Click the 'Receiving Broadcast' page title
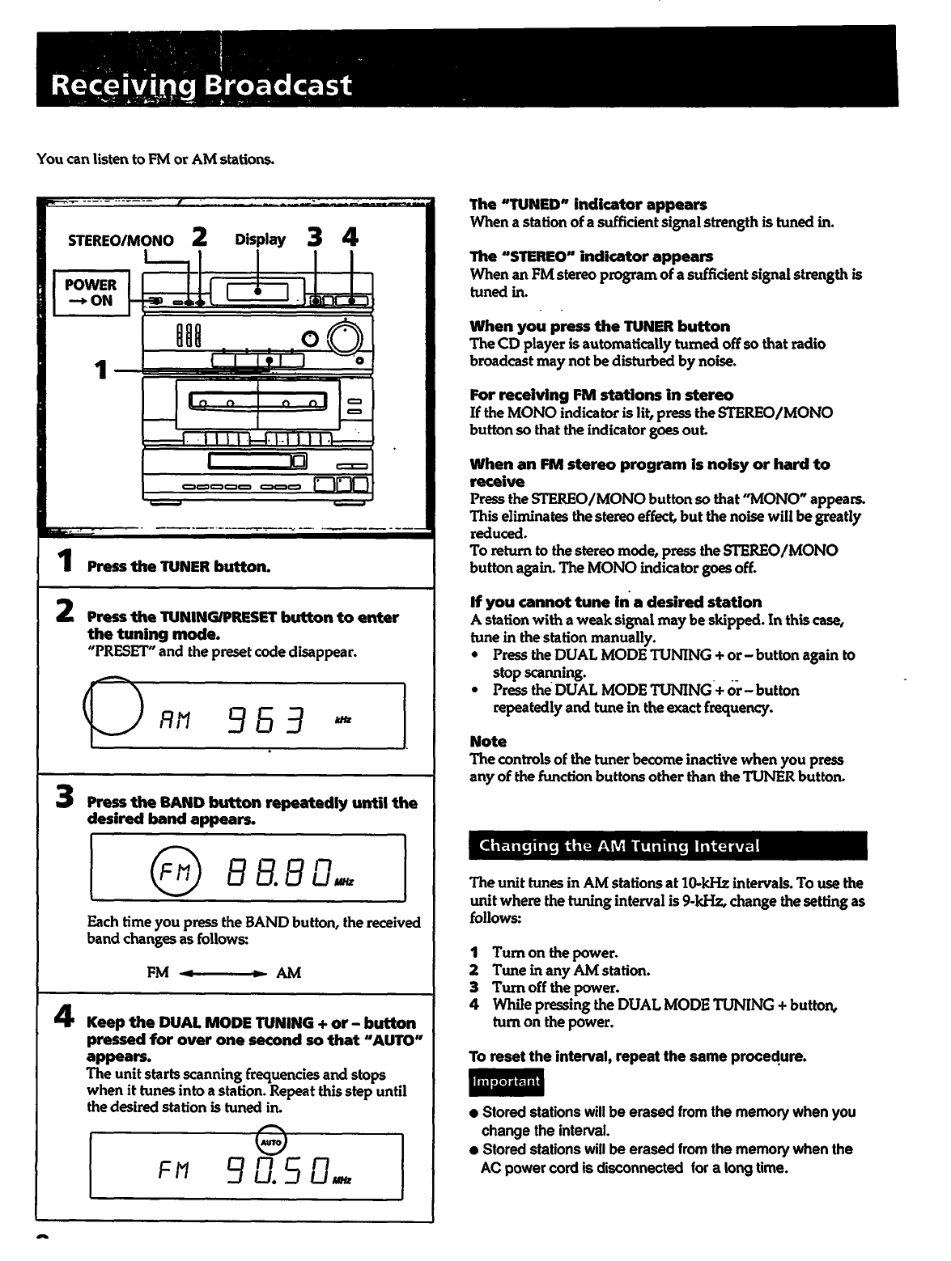point(202,85)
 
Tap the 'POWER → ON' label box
point(90,293)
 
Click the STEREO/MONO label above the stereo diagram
point(121,240)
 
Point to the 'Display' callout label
point(260,239)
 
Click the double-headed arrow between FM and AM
point(223,972)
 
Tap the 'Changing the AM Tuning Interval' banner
point(668,846)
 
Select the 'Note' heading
point(488,741)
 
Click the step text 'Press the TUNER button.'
point(178,566)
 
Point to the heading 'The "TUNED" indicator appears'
point(588,205)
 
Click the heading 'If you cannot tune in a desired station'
point(615,602)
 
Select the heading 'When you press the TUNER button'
point(600,326)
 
